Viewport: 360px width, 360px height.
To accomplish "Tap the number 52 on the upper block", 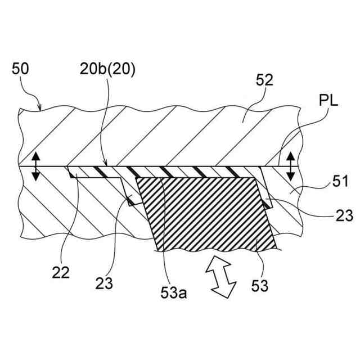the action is [263, 79].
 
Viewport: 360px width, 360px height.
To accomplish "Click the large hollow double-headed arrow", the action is [224, 274].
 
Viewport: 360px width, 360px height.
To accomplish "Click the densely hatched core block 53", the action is [208, 214].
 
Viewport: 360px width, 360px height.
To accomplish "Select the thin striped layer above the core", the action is [169, 171].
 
